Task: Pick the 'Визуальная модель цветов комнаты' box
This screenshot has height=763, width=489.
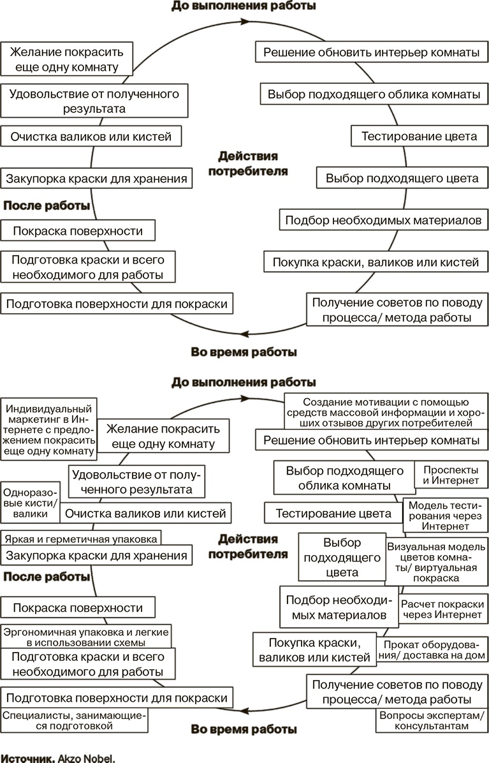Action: (x=436, y=562)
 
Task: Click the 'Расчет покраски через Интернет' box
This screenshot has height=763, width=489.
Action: (x=442, y=609)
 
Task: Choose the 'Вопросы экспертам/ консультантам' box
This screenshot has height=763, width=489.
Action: (x=431, y=720)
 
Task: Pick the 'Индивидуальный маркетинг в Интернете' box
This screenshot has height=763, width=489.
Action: (x=48, y=429)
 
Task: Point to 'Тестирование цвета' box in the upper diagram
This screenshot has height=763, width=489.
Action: (x=419, y=136)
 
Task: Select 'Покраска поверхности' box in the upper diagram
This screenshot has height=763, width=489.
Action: (x=78, y=230)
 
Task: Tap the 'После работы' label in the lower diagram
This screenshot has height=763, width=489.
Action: (x=46, y=577)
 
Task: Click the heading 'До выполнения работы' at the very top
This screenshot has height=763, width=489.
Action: (x=244, y=6)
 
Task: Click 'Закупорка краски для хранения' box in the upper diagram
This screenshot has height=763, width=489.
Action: (x=96, y=179)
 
